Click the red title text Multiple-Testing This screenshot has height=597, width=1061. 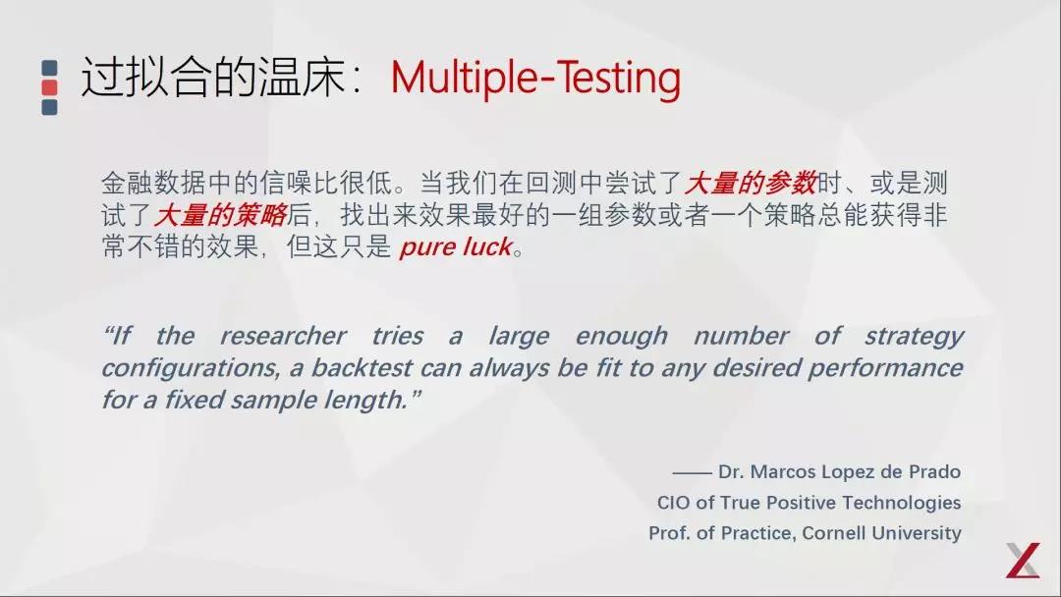[x=535, y=79]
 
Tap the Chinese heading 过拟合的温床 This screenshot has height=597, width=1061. [x=213, y=79]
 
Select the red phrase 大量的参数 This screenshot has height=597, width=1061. [x=751, y=183]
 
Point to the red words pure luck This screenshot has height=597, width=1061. [x=455, y=247]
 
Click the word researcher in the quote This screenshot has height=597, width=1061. [x=283, y=336]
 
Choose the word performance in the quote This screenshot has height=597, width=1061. [x=896, y=368]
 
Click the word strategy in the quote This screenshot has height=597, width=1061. [x=914, y=336]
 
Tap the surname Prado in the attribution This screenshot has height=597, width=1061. [x=934, y=472]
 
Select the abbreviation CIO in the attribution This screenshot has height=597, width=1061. [x=674, y=503]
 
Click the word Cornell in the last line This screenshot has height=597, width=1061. [x=844, y=533]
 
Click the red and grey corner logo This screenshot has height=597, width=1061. [x=1022, y=561]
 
